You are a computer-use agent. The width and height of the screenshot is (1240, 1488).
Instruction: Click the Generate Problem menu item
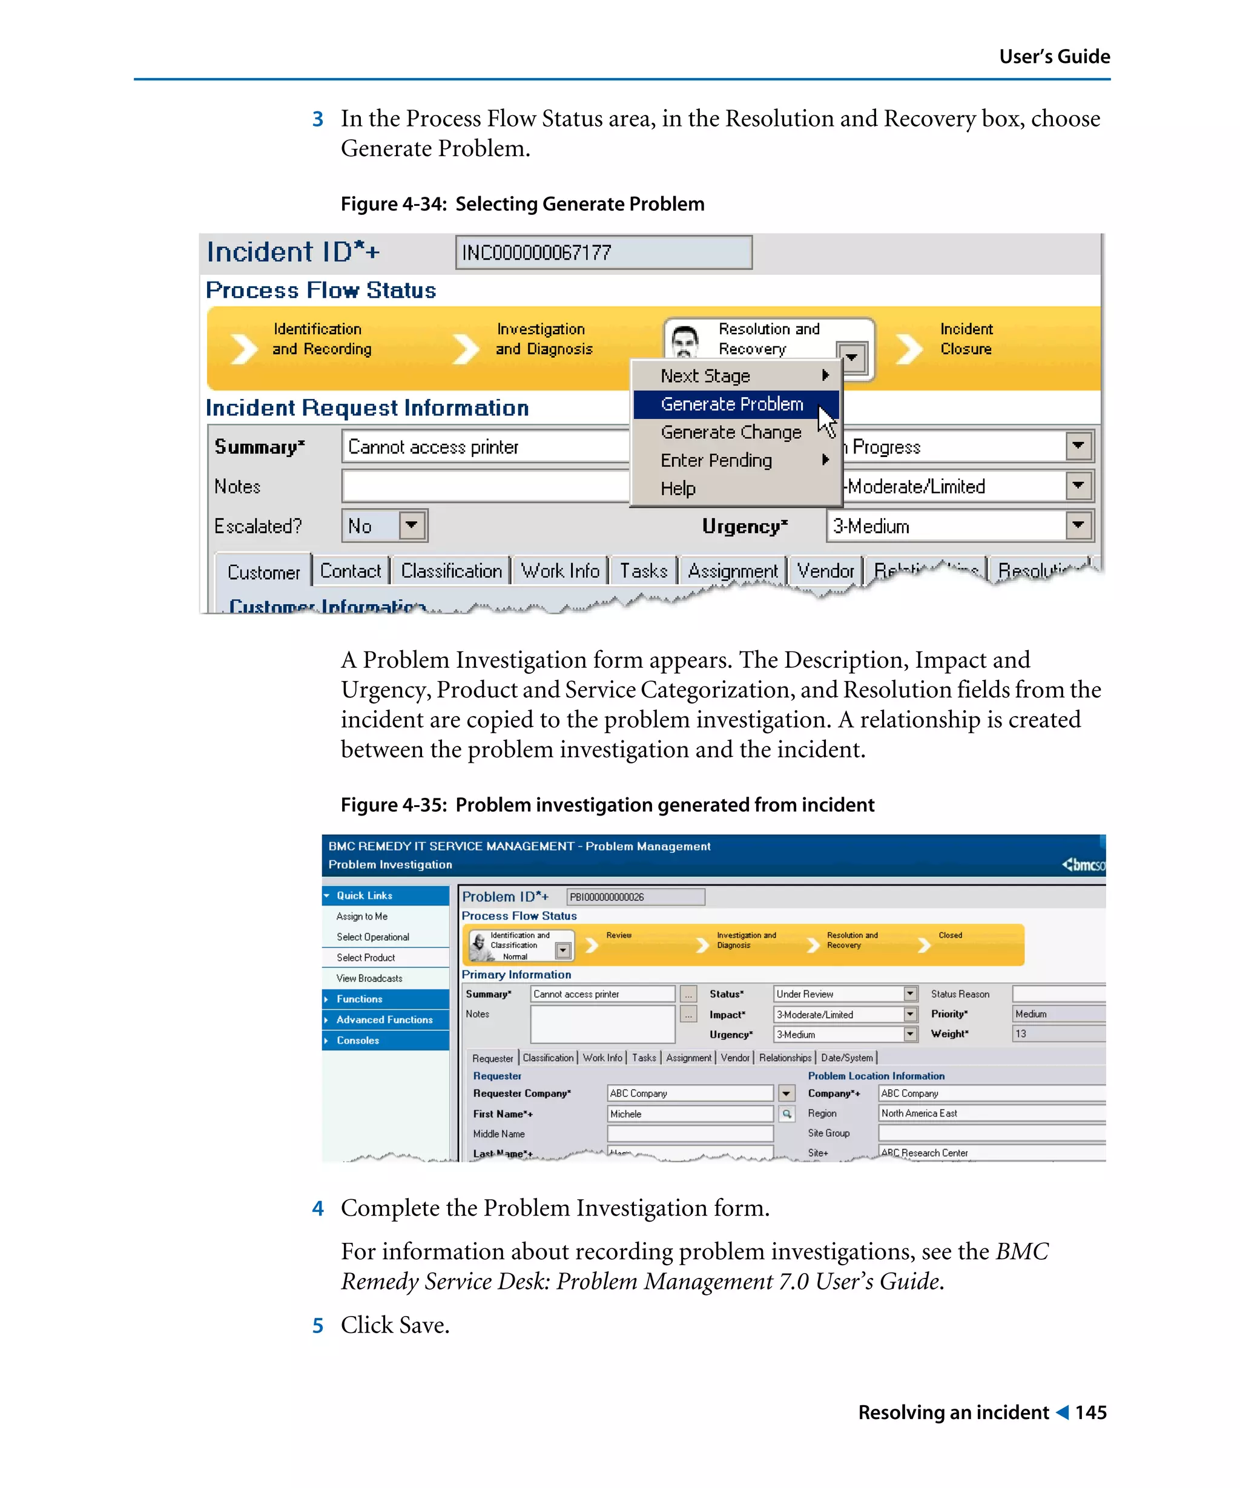731,404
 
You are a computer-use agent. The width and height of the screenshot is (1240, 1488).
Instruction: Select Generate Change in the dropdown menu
731,432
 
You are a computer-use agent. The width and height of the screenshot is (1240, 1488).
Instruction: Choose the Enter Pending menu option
716,461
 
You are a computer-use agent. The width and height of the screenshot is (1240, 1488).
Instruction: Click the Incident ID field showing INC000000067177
603,252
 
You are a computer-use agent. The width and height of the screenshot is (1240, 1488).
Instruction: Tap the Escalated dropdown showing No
384,525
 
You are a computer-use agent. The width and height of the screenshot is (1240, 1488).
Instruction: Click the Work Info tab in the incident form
560,571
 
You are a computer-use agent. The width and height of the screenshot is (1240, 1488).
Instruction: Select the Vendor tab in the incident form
825,571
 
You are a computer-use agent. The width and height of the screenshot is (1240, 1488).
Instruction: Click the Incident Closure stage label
965,338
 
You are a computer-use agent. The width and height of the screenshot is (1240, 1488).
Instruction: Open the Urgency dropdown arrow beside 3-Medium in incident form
1078,525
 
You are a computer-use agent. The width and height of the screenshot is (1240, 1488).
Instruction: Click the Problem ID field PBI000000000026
635,897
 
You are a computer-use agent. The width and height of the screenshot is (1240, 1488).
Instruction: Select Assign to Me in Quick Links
361,916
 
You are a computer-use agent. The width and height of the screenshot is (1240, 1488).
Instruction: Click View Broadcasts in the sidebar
369,978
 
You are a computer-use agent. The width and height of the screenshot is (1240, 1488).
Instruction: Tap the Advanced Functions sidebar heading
384,1019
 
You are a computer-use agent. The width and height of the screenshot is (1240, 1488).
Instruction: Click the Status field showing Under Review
837,994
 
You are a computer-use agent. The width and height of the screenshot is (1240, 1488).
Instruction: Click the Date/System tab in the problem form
846,1058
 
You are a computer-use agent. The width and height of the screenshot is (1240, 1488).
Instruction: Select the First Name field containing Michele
690,1114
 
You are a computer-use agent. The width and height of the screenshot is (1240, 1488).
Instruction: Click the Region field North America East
991,1113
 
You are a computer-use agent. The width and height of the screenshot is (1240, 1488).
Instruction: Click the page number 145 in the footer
1090,1413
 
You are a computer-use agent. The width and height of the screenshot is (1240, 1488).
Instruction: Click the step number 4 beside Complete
318,1209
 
